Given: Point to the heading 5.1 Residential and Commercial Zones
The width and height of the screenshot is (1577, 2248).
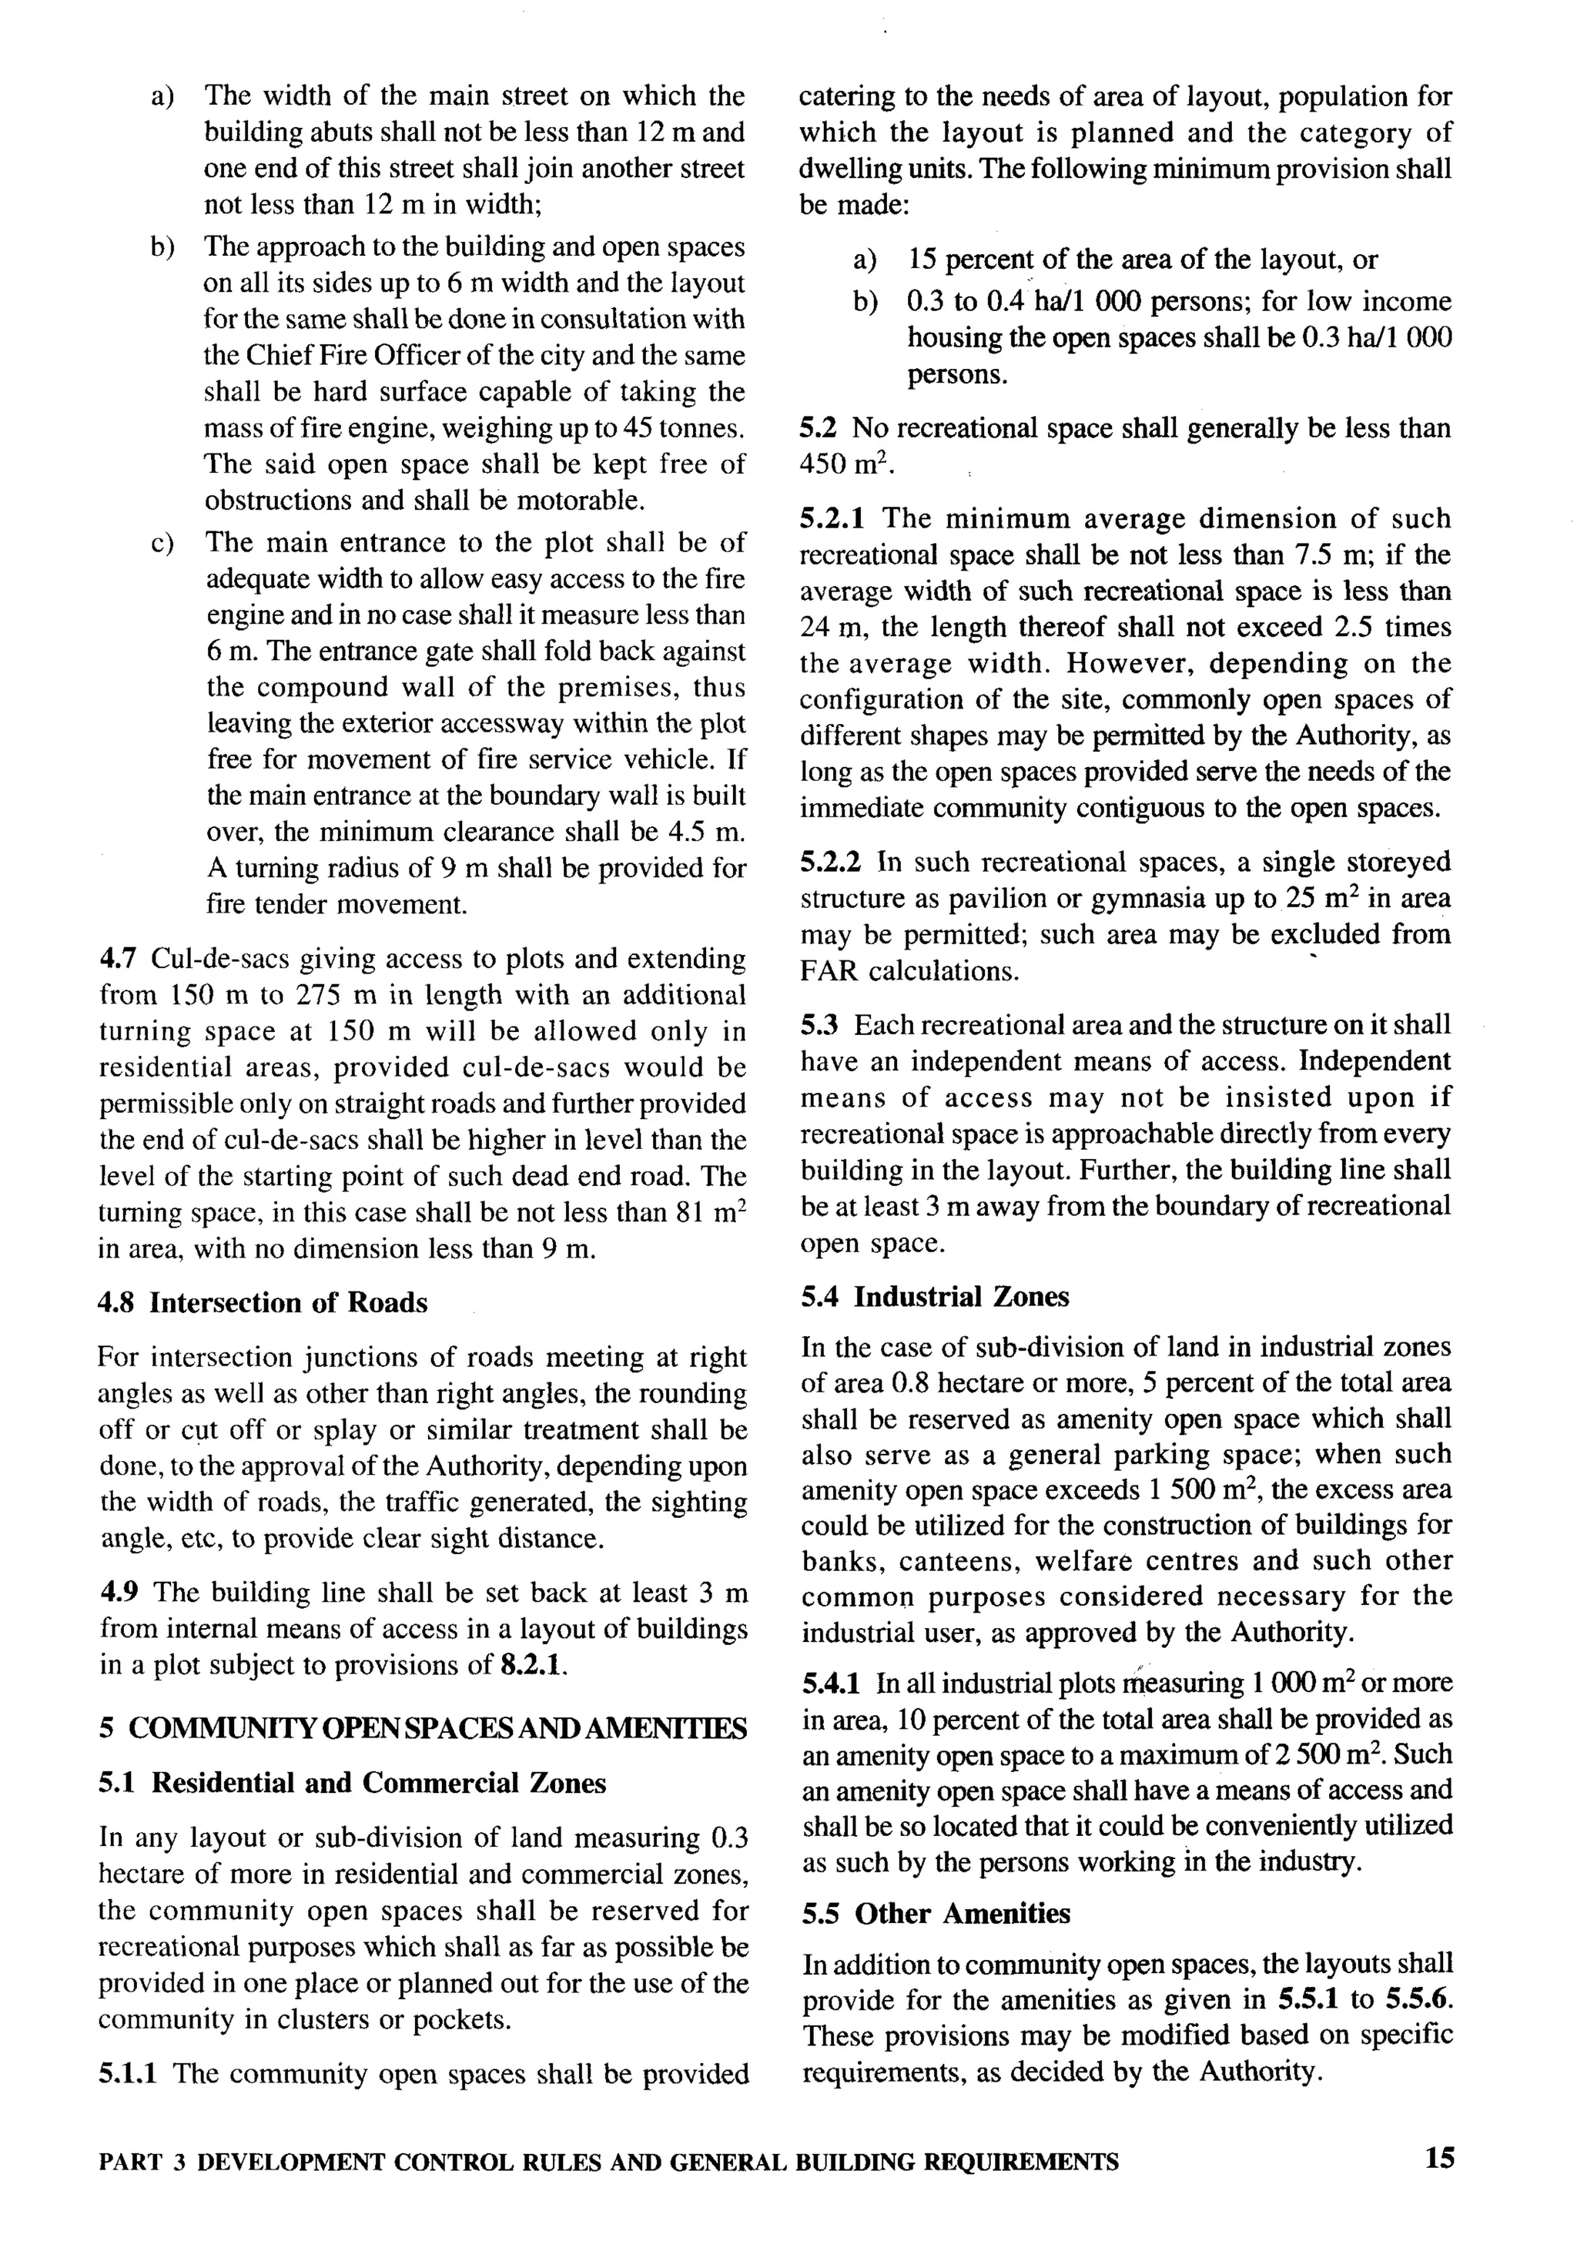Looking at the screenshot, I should tap(353, 1783).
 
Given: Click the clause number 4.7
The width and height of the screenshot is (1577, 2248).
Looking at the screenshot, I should tap(116, 959).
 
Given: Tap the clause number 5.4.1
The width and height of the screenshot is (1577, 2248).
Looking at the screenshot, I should tap(830, 1683).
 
